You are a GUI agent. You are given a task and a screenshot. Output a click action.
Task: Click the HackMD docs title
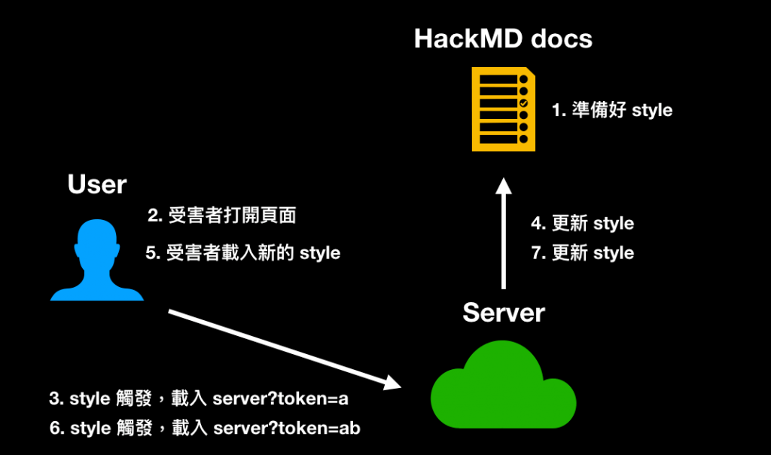pos(503,38)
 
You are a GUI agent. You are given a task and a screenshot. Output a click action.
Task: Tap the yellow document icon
pos(504,109)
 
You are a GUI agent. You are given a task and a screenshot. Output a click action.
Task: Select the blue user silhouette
pos(97,260)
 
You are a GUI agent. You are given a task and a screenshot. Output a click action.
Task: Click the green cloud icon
pos(504,384)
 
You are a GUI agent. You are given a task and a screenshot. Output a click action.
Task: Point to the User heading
pos(97,185)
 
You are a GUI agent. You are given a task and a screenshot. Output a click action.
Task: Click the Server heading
pos(504,313)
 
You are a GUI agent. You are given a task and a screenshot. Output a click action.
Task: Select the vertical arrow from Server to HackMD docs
pos(504,234)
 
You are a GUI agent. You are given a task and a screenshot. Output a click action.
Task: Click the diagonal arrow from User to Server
pos(285,350)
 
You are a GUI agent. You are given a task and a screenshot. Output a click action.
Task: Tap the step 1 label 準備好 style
pos(611,110)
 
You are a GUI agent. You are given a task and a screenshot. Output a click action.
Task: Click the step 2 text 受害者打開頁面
pos(222,215)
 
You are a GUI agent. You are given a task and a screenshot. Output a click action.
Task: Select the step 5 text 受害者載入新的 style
pos(243,253)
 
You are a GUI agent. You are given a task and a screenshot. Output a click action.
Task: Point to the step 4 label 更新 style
pos(582,223)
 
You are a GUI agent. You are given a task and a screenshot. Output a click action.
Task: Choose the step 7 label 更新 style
pos(582,253)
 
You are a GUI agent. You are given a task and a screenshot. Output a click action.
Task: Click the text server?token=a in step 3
pos(280,399)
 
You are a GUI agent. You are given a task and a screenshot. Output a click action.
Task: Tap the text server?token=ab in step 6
pos(287,428)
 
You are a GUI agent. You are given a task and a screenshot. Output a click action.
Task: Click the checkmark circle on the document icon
pos(524,103)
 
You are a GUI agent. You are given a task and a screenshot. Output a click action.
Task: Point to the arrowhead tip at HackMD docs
pos(504,178)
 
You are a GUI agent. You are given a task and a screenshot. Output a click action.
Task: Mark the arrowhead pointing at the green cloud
pos(393,383)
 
